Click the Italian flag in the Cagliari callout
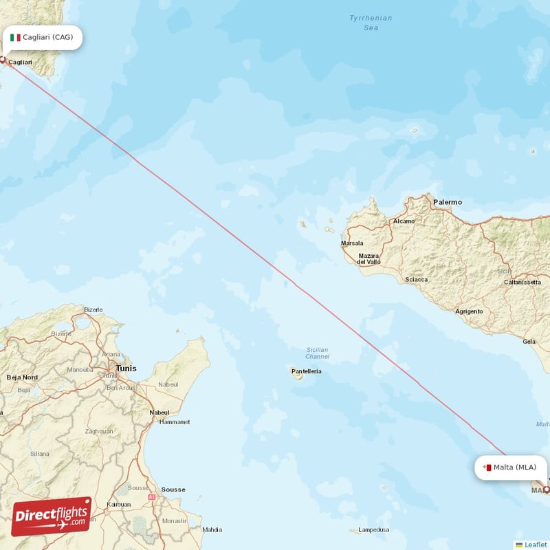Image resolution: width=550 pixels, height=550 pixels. tap(15, 37)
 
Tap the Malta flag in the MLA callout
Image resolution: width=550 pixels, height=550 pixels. tap(487, 467)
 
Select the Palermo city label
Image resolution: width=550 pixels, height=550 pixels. tap(448, 202)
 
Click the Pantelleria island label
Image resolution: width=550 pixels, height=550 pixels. tap(306, 371)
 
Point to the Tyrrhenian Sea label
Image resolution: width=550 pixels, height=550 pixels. tap(371, 23)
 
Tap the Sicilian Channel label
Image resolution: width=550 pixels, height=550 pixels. tap(317, 353)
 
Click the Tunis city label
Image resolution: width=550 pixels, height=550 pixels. tap(126, 368)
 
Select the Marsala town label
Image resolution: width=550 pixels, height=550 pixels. tap(352, 243)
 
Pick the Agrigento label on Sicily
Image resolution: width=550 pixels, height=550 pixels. tap(469, 311)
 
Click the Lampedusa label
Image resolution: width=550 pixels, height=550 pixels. tap(373, 530)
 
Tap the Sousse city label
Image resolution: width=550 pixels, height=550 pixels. tap(173, 489)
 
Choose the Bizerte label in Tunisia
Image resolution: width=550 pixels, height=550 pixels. tap(93, 310)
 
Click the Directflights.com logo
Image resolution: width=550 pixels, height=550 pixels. tap(52, 516)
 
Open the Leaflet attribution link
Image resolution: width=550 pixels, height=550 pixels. tap(536, 544)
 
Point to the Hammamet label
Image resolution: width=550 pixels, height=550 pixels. tap(175, 422)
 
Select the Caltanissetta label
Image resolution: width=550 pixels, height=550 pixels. tap(523, 282)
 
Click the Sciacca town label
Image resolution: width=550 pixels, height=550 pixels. tap(416, 279)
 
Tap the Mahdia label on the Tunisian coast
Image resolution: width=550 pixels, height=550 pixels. tap(211, 529)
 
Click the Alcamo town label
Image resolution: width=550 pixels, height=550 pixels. tap(404, 221)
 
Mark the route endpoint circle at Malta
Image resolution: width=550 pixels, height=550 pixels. tap(547, 489)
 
